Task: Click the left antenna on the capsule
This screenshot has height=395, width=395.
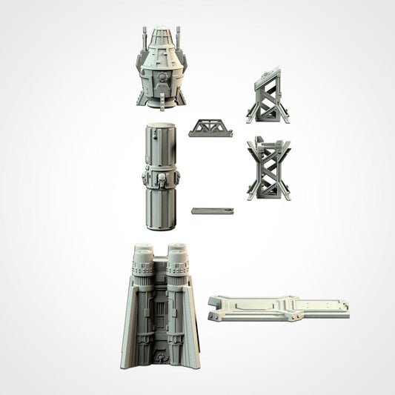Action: point(144,37)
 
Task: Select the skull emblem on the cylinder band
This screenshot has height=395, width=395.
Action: point(161,179)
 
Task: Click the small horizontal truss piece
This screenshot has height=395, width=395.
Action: point(210,128)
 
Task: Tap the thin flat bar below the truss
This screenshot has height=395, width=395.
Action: point(212,211)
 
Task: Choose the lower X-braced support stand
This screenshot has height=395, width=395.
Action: point(268,169)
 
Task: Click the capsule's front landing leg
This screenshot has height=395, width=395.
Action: point(160,97)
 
